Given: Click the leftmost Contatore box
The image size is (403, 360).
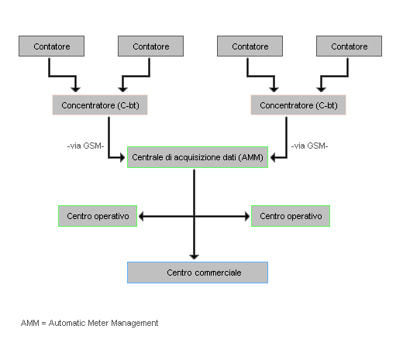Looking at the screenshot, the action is coord(51,46).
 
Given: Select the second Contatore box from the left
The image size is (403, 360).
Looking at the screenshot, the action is coord(150,46).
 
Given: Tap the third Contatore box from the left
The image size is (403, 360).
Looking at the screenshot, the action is coord(250,46).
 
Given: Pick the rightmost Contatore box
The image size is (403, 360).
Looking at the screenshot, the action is coord(349,46).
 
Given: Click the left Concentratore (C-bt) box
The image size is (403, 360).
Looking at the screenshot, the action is coord(100,105).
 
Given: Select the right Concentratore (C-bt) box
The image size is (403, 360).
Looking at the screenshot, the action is coord(298,105).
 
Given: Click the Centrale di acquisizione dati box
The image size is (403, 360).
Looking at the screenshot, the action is coord(198,157).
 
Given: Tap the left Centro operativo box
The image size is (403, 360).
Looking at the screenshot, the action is coord(98,216).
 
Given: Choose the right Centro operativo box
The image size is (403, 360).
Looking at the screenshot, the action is coord(291,216).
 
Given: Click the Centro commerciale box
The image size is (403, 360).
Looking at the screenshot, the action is coord(198,273).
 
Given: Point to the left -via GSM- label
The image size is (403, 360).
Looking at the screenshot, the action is coord(85,146).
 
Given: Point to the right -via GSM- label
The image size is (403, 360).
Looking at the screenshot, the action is coord(309,146).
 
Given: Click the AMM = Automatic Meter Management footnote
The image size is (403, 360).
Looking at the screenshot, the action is coord(89,323).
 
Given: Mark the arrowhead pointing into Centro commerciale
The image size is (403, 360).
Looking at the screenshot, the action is coord(194,256).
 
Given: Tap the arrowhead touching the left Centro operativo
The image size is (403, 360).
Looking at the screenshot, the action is coord(141,216).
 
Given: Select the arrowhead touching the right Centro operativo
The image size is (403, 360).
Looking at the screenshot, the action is coord(247,216).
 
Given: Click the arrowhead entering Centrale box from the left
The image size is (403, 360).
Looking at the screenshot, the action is coord(122,157).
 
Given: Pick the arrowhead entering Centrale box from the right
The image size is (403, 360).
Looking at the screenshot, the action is coord(273,157).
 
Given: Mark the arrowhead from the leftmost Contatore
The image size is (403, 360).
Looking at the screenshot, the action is coord(75,89).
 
